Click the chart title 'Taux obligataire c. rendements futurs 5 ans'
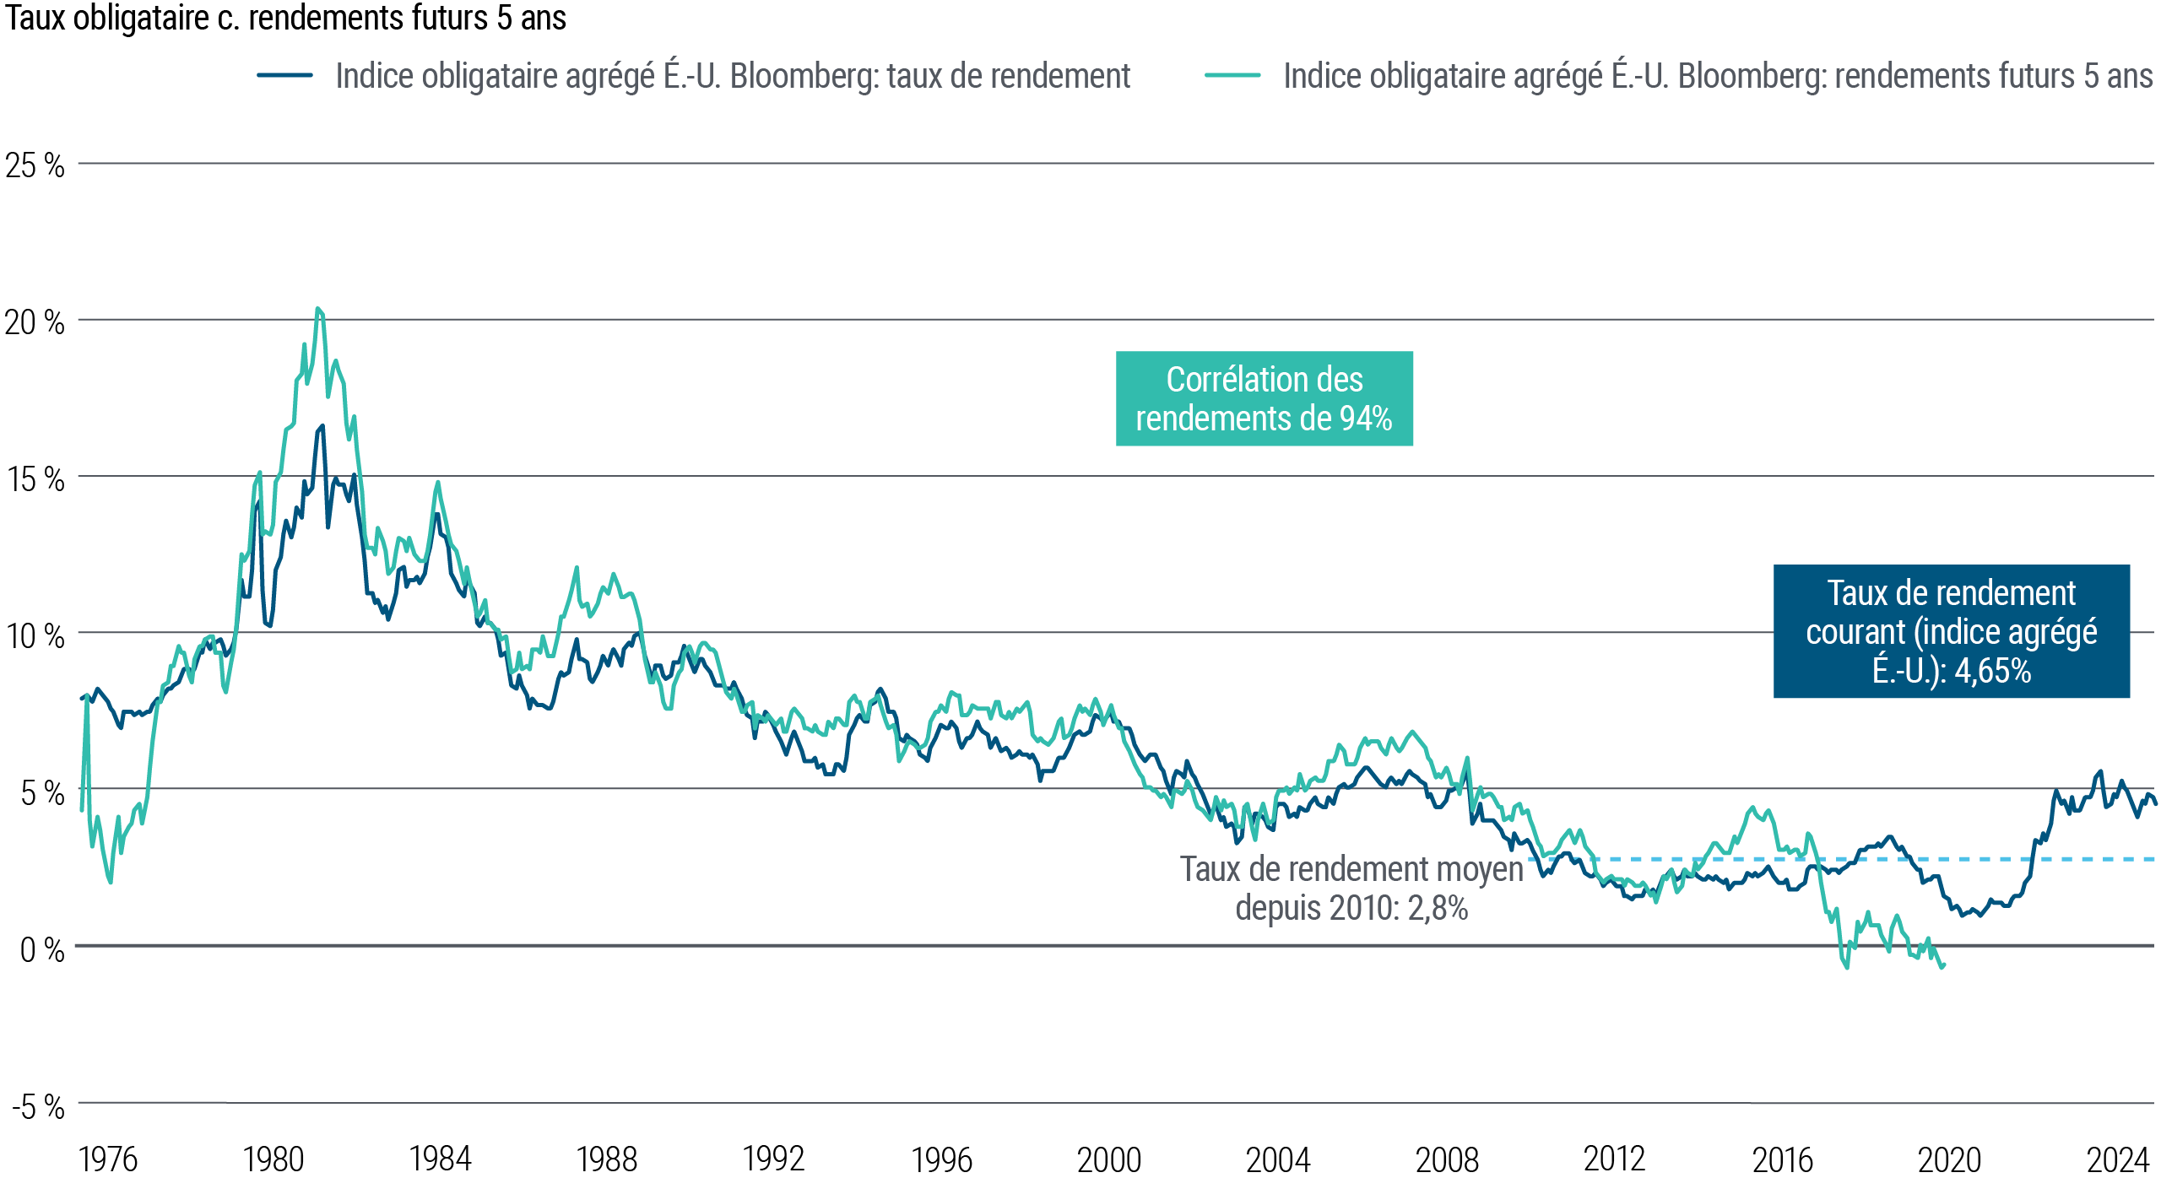285,19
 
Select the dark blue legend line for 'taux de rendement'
285,75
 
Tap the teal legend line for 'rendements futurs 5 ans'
1232,75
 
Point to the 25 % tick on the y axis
35,165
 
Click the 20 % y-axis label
35,322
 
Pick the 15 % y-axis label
35,479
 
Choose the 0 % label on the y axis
41,949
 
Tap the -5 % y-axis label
38,1106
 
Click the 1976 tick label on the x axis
107,1159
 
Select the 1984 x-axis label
440,1159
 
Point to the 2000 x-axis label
1108,1159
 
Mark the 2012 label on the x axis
1613,1159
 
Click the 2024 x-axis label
2117,1159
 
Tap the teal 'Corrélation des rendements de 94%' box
1264,398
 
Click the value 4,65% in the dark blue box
1992,672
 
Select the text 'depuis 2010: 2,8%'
1351,908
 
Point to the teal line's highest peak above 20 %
317,309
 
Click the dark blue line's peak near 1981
322,426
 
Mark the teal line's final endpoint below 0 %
1943,966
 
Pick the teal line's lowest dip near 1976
111,882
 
